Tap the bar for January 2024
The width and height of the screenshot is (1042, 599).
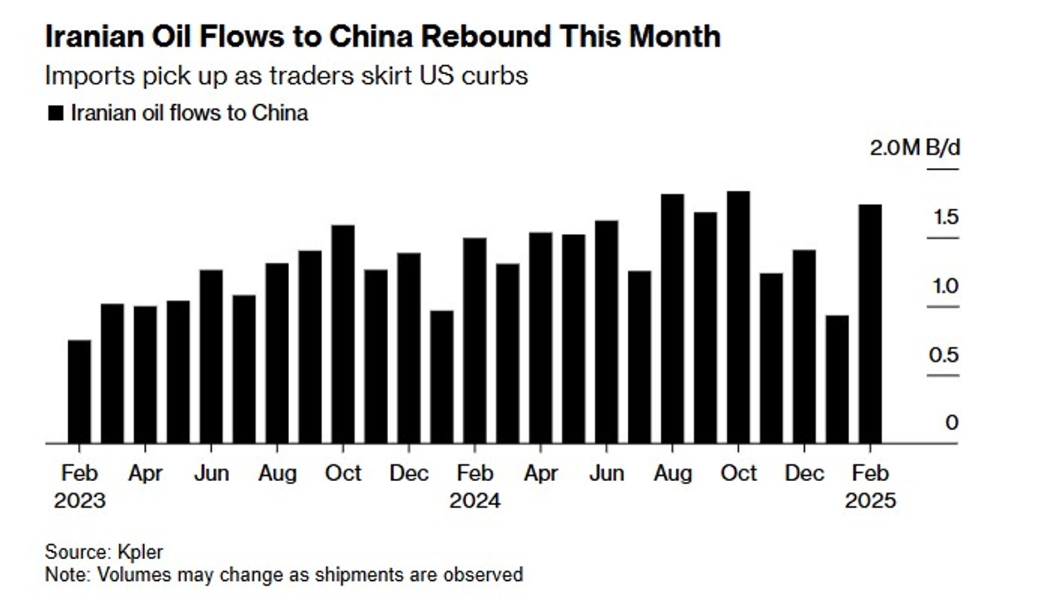(x=442, y=378)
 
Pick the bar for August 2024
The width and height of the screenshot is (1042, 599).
(x=672, y=319)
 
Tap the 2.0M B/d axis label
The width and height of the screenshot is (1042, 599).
(x=914, y=148)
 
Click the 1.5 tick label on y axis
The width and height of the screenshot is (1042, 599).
(x=946, y=217)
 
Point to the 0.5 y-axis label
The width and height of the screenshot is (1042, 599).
(x=944, y=355)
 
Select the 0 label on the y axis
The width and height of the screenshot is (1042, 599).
(x=951, y=423)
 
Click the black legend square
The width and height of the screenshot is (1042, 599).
(x=56, y=113)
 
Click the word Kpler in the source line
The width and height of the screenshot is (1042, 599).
(x=140, y=552)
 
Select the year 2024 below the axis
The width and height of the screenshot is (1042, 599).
(x=475, y=501)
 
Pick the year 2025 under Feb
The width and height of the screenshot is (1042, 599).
(x=870, y=501)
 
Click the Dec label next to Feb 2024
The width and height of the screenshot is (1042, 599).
(x=408, y=473)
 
